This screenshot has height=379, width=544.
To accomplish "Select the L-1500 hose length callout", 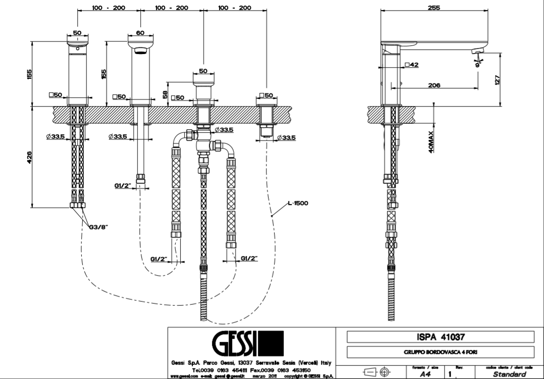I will point(298,203).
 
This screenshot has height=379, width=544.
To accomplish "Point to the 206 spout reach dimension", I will point(433,85).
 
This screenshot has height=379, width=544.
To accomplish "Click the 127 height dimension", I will point(497,80).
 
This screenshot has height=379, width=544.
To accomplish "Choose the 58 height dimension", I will point(165,93).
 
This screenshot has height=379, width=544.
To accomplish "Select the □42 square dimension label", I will point(412,65).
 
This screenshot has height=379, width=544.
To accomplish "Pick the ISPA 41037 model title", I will point(440,337).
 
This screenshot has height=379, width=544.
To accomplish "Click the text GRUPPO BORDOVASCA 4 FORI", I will point(440,352).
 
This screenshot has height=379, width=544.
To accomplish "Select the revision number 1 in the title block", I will point(449,374).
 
